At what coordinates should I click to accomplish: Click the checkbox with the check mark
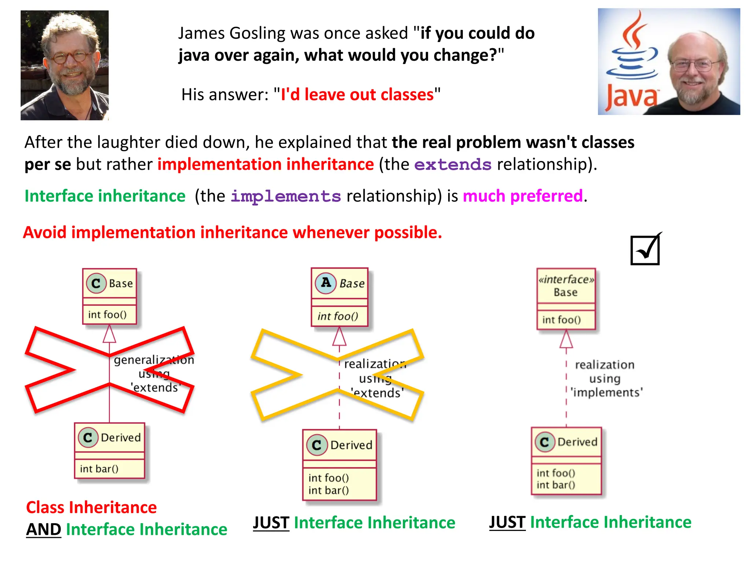645,250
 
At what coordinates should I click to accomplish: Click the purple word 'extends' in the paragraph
453,165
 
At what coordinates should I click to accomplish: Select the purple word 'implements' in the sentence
286,196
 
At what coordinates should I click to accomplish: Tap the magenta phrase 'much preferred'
523,196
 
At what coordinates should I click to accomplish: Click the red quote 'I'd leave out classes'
357,94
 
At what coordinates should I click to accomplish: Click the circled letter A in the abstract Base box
326,283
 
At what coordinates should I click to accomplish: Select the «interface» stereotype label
566,280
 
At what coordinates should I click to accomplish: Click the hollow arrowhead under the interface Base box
566,339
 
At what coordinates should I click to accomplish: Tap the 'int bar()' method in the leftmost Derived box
99,469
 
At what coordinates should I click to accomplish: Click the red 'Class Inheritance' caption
91,507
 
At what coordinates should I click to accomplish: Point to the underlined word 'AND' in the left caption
44,529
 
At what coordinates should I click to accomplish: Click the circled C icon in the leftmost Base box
96,283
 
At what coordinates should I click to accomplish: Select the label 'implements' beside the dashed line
607,393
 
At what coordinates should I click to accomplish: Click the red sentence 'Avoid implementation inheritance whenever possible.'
233,233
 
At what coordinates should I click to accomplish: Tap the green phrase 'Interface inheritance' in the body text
105,196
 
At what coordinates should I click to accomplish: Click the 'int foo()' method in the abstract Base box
338,316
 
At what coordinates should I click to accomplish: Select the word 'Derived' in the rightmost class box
577,442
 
